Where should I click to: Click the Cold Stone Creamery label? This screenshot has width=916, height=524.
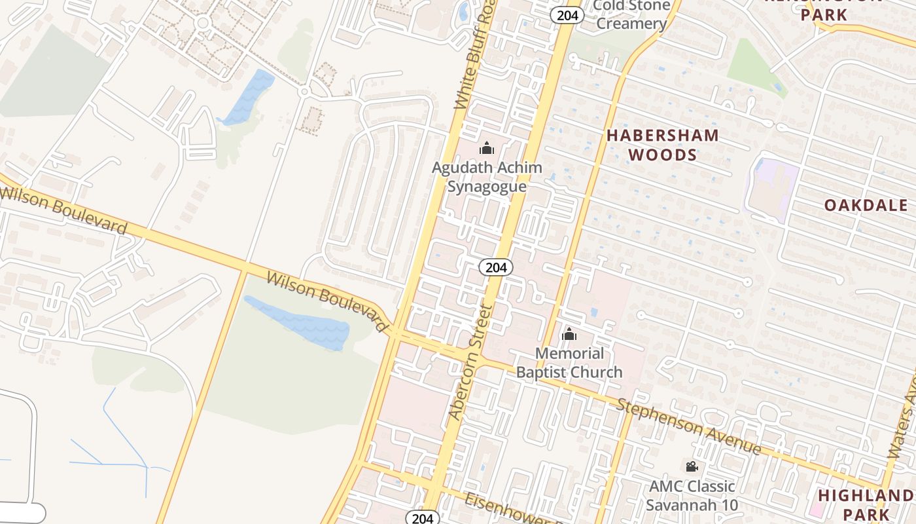(631, 15)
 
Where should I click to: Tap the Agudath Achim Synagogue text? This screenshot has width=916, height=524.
(487, 177)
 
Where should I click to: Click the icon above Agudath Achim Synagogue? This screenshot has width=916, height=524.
(487, 149)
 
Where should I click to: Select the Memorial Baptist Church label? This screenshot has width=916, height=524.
(569, 363)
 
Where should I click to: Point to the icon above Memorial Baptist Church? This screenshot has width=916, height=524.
(569, 335)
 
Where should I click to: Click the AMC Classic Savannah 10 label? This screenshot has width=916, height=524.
(692, 496)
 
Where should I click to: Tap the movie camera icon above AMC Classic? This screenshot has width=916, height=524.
(692, 466)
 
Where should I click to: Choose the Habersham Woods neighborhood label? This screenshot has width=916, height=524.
(662, 145)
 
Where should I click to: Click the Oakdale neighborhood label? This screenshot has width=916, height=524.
(866, 205)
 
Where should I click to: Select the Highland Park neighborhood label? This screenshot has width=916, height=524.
(866, 504)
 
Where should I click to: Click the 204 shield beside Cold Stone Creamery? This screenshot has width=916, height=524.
(567, 15)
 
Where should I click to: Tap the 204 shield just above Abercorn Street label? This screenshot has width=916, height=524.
(496, 267)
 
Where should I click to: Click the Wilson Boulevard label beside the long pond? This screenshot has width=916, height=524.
(328, 301)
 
